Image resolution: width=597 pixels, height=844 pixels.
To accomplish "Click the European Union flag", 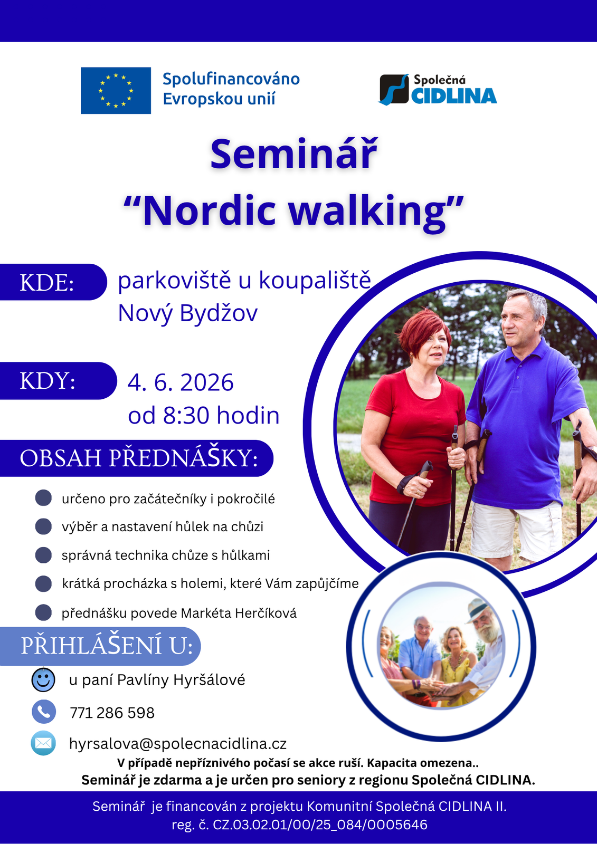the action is point(116,90).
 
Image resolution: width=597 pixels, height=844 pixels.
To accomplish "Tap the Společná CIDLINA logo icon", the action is point(394,90).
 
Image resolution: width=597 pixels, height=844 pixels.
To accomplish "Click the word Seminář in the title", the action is point(294,155).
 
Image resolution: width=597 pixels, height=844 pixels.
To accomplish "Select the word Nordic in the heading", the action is point(210,211).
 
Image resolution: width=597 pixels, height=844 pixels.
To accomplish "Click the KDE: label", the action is point(47,282).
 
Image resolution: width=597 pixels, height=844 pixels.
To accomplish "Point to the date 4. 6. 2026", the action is point(181,382).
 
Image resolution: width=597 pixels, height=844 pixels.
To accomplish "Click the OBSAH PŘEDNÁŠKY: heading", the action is point(139,458).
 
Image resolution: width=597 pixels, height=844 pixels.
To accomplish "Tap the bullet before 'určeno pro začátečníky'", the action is point(43,498).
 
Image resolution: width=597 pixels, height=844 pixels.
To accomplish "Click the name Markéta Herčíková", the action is point(239,613).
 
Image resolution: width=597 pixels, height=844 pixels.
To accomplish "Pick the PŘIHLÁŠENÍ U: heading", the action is point(107,646).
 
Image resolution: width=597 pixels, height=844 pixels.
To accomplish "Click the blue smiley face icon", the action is point(43,680).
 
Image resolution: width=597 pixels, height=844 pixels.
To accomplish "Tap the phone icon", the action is point(44,712).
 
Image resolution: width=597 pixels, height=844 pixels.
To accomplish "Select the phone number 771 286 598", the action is point(112,713).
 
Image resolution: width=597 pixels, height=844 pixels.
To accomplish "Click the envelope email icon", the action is point(43,743).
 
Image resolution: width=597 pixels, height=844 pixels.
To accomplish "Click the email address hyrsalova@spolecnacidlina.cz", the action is point(178,744).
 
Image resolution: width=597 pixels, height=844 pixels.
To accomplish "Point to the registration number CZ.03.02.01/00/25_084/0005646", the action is point(320,825).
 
